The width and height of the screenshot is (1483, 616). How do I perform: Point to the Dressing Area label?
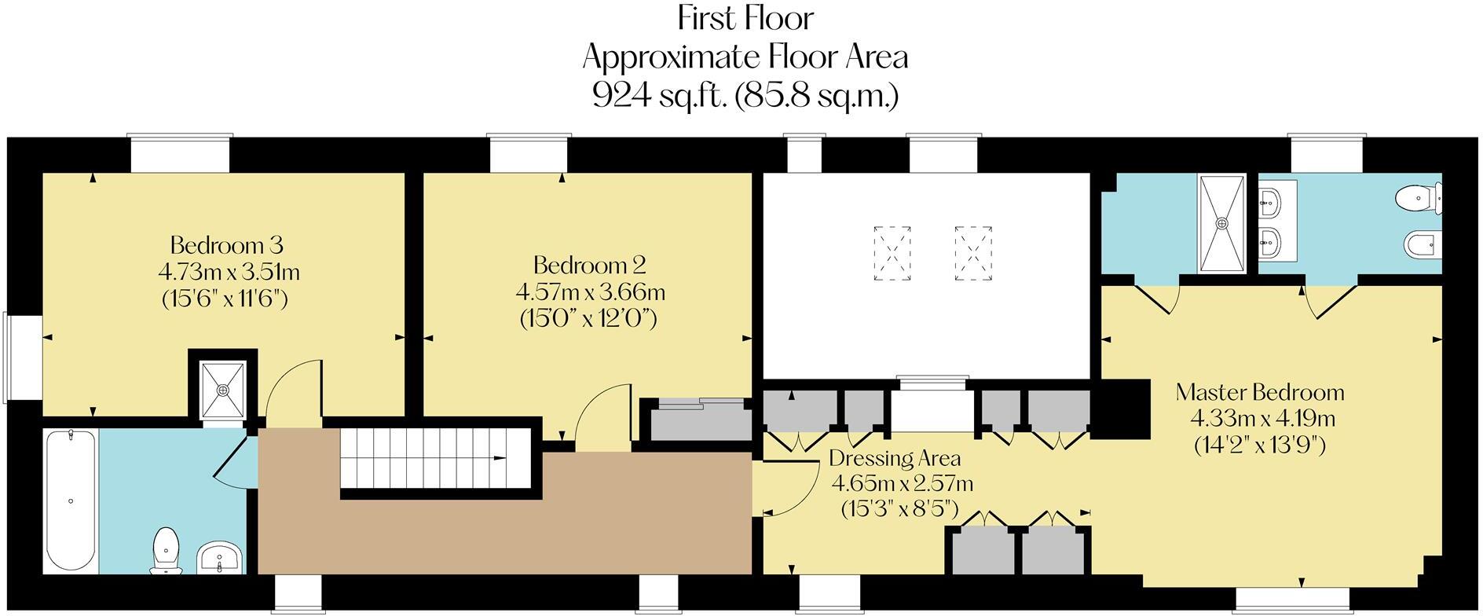click(894, 457)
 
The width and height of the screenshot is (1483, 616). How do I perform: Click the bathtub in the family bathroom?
click(71, 500)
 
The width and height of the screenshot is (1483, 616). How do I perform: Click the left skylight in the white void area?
click(892, 253)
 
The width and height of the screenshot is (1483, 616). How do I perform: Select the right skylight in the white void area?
click(973, 253)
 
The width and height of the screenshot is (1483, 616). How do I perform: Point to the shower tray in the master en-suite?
click(1221, 224)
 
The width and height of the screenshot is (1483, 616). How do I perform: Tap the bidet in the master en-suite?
click(1423, 244)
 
